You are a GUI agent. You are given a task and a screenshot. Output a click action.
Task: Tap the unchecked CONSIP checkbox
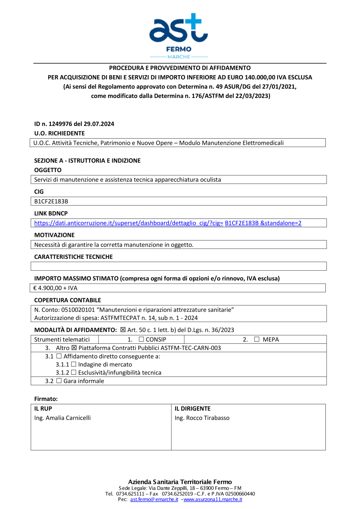click(x=141, y=339)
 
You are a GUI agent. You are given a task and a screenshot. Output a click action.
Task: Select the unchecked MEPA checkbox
click(x=257, y=339)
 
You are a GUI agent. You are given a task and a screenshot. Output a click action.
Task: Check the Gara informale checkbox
click(x=59, y=380)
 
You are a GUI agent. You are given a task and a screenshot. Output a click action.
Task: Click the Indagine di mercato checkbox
click(x=73, y=364)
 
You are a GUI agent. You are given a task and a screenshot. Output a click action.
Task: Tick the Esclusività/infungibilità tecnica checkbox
click(x=73, y=372)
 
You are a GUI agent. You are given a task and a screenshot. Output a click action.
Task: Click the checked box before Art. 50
click(x=123, y=330)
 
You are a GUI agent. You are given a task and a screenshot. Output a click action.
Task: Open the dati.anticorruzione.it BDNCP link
click(x=167, y=223)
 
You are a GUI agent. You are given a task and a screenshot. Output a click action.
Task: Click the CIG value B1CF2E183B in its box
click(x=51, y=201)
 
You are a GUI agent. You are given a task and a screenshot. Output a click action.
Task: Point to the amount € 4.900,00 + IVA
click(x=55, y=288)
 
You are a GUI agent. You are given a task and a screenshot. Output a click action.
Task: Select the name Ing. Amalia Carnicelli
click(x=62, y=418)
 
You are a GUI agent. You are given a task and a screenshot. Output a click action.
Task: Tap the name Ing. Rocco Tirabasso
click(x=202, y=418)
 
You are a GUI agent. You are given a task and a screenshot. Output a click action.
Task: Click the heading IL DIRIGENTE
click(x=193, y=409)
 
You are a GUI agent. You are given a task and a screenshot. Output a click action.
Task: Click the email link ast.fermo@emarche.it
click(x=154, y=499)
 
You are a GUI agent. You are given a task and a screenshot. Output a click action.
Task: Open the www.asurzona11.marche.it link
click(x=213, y=499)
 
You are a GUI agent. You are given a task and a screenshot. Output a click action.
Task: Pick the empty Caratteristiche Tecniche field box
click(x=179, y=266)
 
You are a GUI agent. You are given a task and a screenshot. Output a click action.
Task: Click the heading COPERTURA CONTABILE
click(x=67, y=300)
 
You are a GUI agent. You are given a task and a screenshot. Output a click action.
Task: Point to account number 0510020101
click(x=78, y=310)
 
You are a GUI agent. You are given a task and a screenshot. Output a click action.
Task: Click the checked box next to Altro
click(x=74, y=348)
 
